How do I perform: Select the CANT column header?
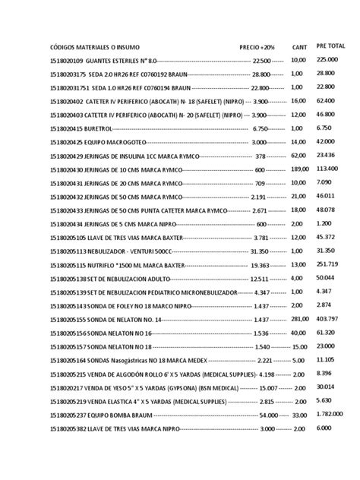[x=299, y=46]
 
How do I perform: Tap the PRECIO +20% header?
[x=256, y=46]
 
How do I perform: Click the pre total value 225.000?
[x=327, y=59]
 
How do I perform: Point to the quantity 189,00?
[x=300, y=169]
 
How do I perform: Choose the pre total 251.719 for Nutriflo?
[x=327, y=265]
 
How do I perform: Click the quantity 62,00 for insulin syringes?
[x=298, y=155]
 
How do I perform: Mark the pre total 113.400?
[x=327, y=169]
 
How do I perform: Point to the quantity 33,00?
[x=298, y=415]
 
